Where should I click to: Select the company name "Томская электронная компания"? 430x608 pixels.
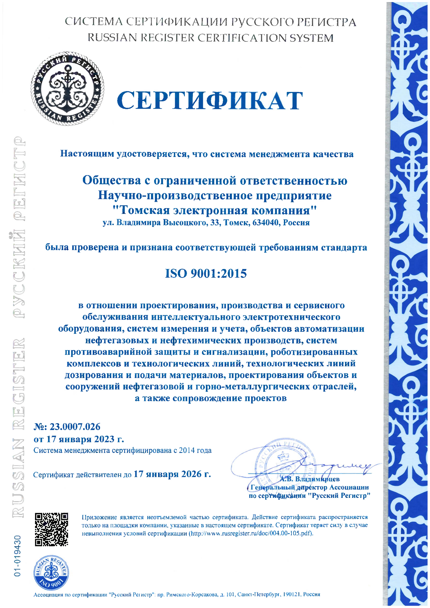(x=214, y=210)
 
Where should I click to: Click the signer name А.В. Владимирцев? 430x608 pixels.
(x=310, y=479)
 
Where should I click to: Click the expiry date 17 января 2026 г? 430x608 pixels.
(x=172, y=474)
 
